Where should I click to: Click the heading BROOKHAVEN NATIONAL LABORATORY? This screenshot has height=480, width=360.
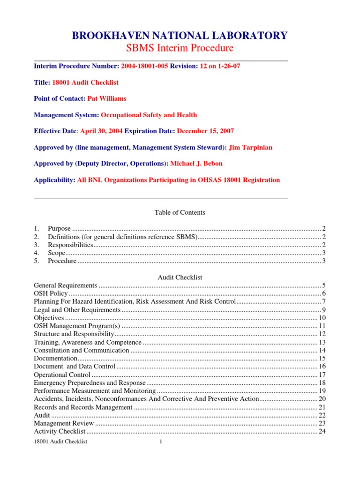[180, 35]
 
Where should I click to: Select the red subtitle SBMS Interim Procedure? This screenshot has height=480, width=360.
[180, 48]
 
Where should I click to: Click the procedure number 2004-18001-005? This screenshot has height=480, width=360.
[144, 66]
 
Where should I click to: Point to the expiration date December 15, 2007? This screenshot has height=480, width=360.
[205, 131]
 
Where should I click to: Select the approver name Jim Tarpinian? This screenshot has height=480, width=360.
[250, 148]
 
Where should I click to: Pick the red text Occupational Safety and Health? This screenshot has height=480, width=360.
[149, 115]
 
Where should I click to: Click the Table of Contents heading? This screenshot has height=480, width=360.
[180, 212]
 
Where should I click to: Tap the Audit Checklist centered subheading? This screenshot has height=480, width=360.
[180, 277]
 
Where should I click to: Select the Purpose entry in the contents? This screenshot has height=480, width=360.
[59, 228]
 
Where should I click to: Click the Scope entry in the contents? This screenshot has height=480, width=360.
[56, 253]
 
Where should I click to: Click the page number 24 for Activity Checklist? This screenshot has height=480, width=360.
[322, 431]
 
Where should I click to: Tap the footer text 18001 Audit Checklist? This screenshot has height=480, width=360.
[61, 442]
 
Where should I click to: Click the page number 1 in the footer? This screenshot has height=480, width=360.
[160, 442]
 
